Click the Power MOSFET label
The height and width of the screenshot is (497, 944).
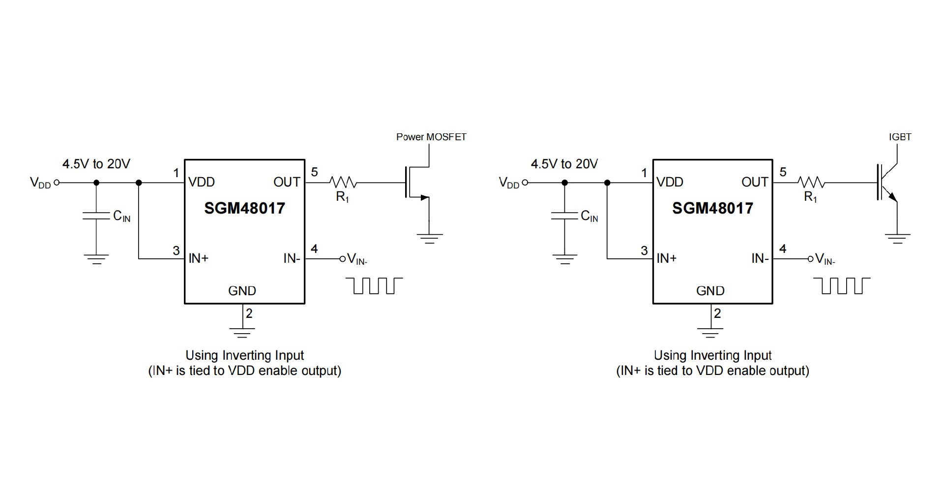(x=431, y=137)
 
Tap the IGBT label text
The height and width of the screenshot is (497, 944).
(x=900, y=137)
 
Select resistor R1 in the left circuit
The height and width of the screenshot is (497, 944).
(x=343, y=183)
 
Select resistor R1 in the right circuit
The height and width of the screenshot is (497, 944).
(x=811, y=183)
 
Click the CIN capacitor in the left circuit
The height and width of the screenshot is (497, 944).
(x=96, y=216)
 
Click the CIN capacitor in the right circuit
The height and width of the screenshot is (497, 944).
(x=564, y=216)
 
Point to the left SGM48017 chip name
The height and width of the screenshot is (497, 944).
(x=244, y=208)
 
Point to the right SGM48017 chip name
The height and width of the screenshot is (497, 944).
(x=712, y=208)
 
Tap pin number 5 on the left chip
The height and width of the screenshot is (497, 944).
(x=314, y=172)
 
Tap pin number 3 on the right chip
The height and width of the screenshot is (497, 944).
(x=644, y=250)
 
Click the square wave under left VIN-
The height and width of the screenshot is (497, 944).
(x=374, y=285)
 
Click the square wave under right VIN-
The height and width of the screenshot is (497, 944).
(x=842, y=285)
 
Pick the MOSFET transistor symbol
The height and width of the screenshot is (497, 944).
(x=416, y=184)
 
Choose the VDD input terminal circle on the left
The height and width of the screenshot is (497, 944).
(x=57, y=183)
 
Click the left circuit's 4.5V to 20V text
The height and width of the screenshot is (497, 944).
(x=96, y=164)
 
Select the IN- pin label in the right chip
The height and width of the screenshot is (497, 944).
(x=760, y=258)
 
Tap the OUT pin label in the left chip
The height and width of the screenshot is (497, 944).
(x=287, y=183)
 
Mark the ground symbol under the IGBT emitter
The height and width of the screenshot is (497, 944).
(x=897, y=239)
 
